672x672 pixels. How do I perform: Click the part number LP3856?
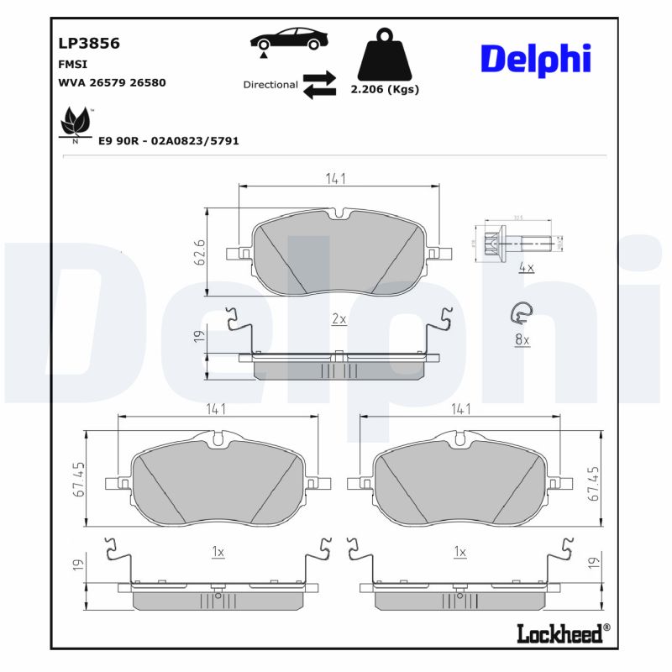[x=88, y=43]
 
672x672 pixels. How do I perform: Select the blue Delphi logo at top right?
[x=535, y=58]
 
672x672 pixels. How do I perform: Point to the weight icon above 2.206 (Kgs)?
[x=386, y=57]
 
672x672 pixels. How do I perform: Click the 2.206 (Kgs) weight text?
[x=385, y=89]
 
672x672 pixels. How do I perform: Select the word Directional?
[x=270, y=85]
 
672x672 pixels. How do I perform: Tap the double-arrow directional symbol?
[x=319, y=85]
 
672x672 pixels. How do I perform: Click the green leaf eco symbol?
[x=76, y=123]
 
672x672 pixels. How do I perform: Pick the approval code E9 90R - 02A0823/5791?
[x=169, y=141]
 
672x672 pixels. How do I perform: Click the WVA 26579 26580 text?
[x=112, y=82]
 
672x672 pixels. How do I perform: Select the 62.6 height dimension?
[x=200, y=252]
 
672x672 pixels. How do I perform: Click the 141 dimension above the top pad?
[x=337, y=178]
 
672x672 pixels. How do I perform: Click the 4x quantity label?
[x=527, y=268]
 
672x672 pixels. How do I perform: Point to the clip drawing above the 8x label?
[x=521, y=314]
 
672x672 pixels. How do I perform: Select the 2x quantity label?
[x=339, y=319]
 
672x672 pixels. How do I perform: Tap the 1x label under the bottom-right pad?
[x=459, y=552]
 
